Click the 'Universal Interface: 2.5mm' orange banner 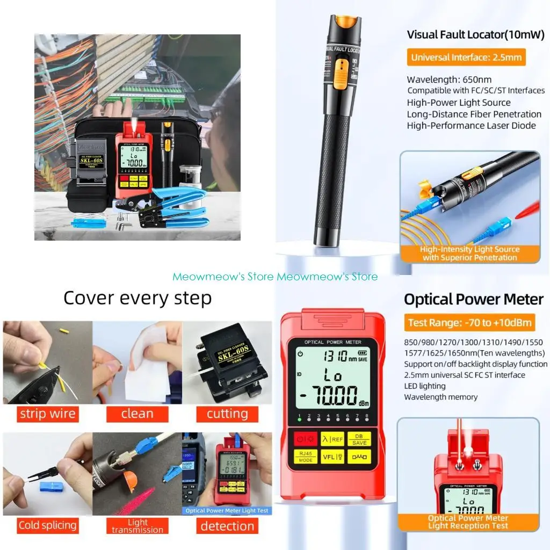(466, 57)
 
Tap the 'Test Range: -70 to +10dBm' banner (470, 322)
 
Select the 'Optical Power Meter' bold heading (474, 300)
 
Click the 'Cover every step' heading (137, 298)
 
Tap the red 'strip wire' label (47, 414)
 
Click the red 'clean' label (137, 414)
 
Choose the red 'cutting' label (227, 414)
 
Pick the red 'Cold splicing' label (47, 525)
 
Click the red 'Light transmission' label (137, 525)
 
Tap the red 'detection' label (227, 525)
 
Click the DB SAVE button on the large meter (359, 439)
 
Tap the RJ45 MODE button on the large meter (306, 457)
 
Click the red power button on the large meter (306, 439)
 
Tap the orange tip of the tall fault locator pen (343, 22)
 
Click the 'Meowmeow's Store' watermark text (275, 277)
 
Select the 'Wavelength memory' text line (440, 397)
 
